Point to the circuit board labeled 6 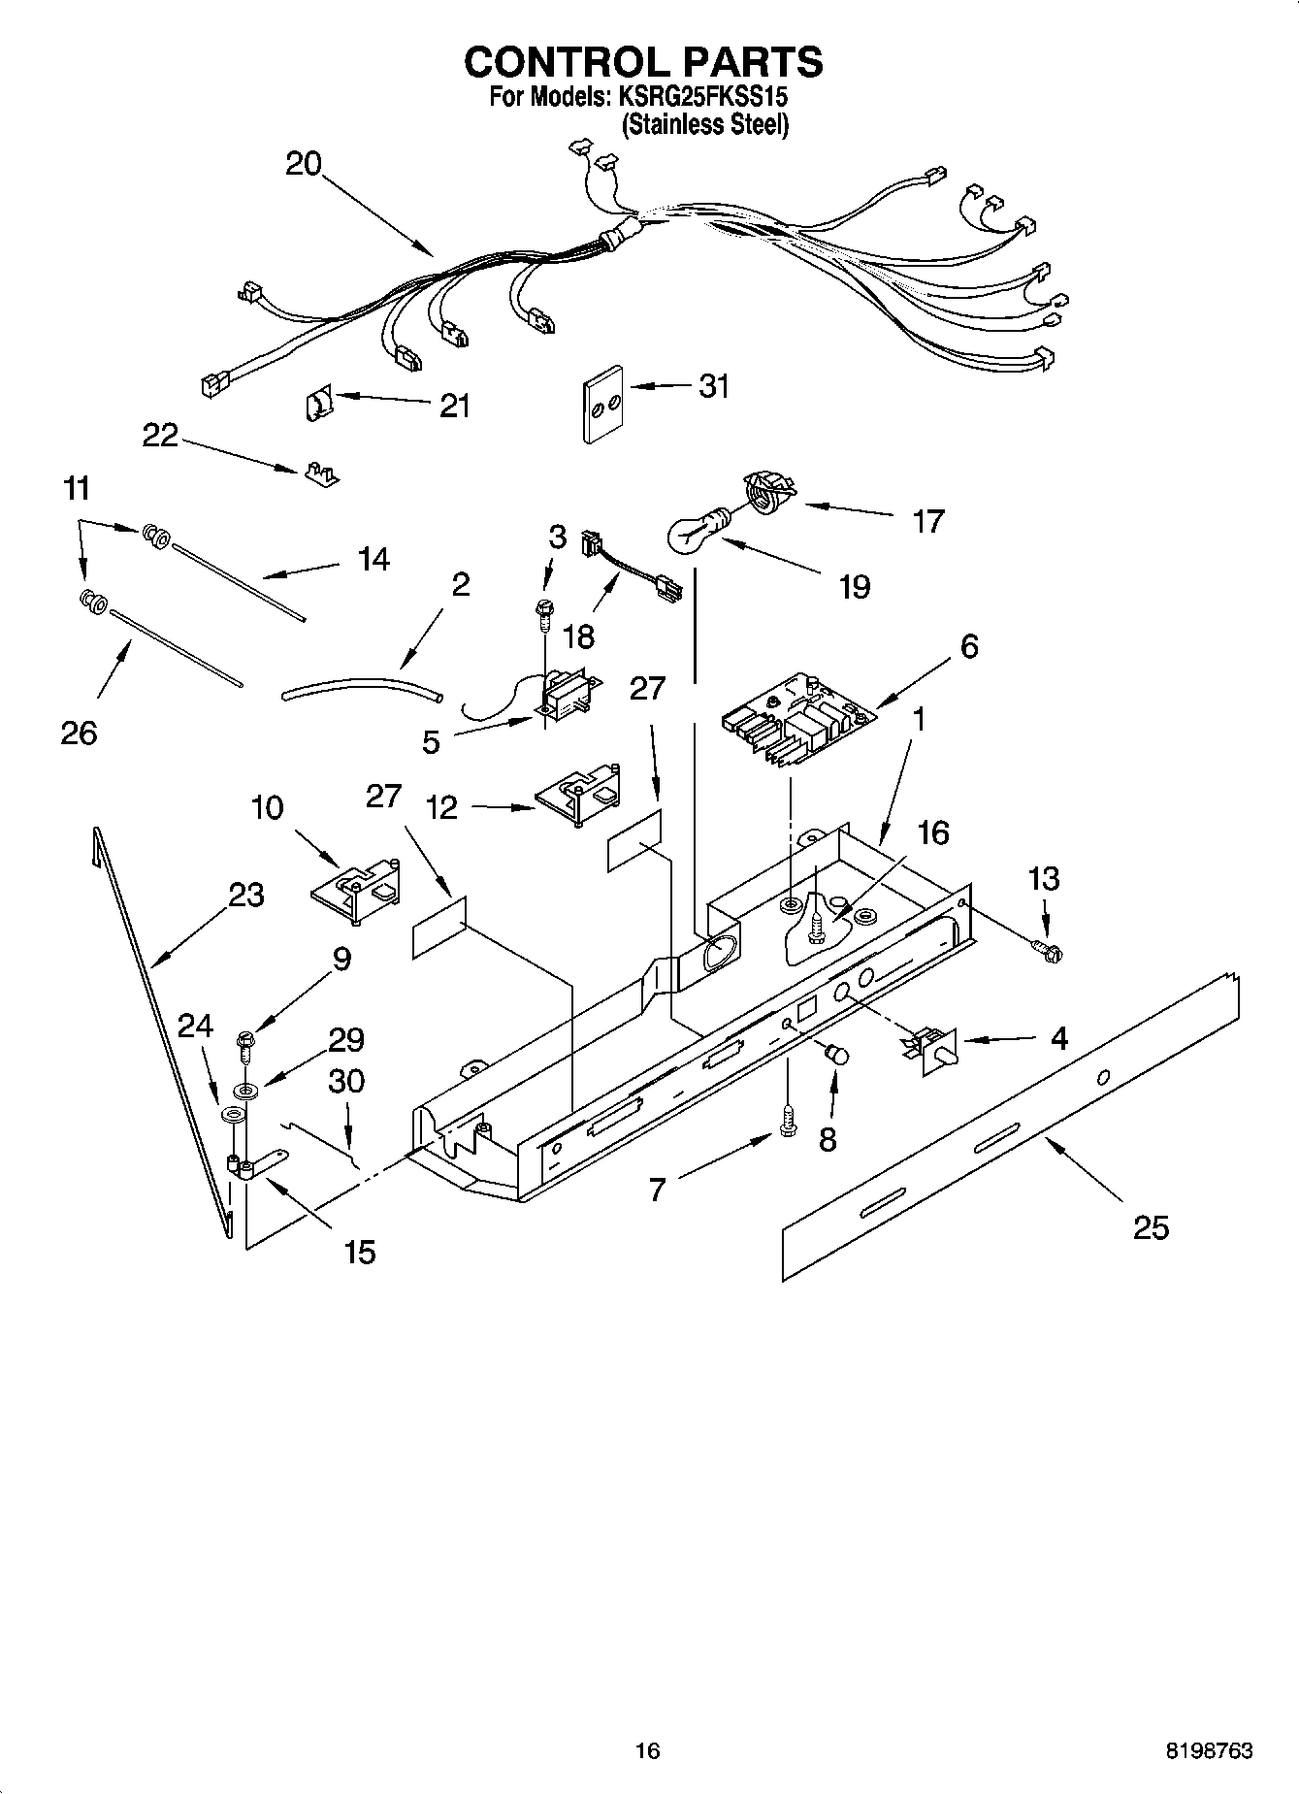point(798,727)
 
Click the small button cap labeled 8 point(834,1054)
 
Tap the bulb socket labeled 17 point(768,491)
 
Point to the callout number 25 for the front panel point(1152,1228)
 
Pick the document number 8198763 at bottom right point(1208,1750)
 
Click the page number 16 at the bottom point(647,1750)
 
